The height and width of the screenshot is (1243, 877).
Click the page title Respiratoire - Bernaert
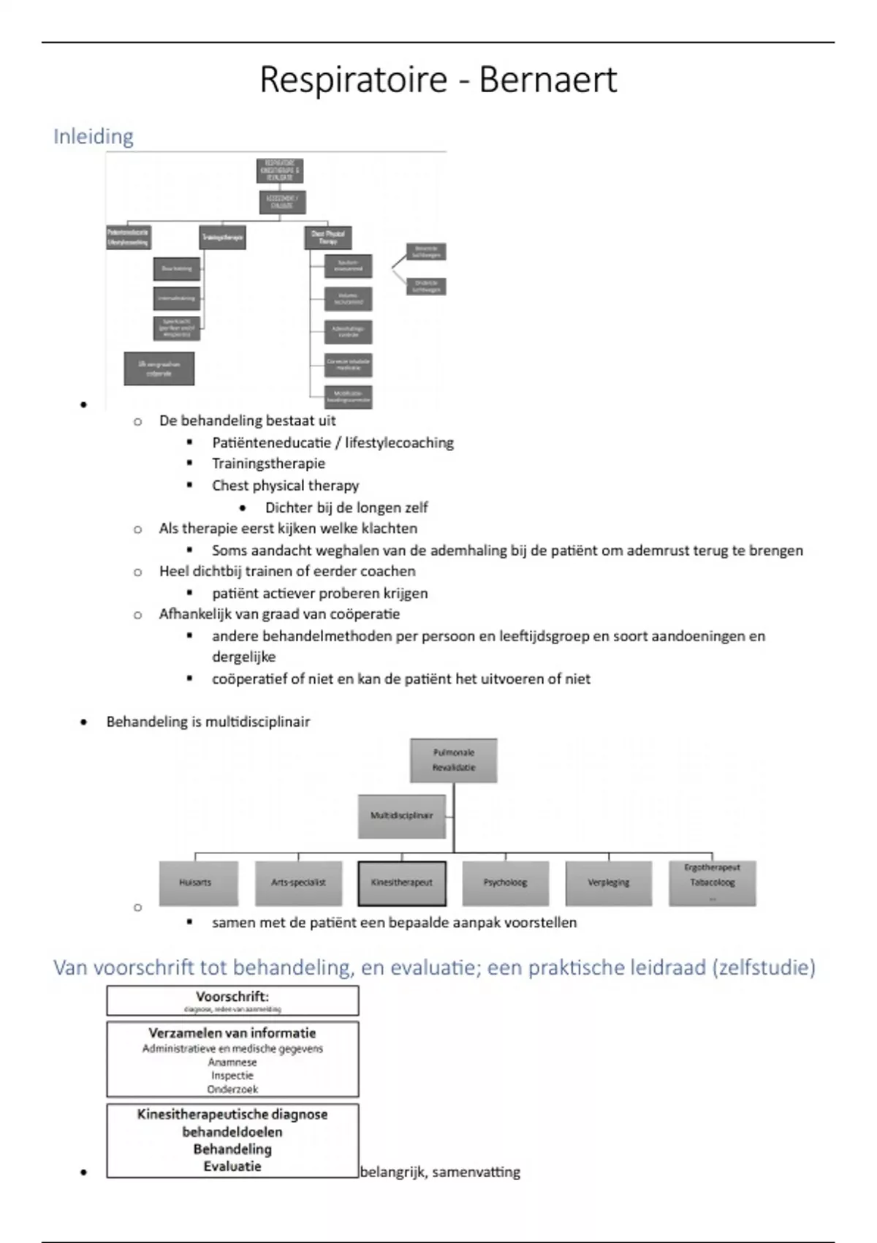[x=438, y=80]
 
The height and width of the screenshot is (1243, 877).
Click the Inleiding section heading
[x=94, y=137]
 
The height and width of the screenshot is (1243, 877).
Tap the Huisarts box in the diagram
[x=195, y=883]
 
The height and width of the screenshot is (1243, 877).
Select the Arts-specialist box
[x=298, y=883]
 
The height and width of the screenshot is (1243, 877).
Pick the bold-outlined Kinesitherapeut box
[x=402, y=883]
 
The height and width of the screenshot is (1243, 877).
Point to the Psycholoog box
[x=505, y=883]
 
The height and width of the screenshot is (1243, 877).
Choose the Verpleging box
[x=608, y=883]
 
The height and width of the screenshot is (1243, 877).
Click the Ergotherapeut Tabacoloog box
[x=712, y=882]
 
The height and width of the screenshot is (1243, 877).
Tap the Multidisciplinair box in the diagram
[x=401, y=816]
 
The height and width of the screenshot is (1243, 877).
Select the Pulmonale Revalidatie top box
[x=454, y=760]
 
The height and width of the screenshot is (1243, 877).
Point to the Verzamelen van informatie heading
[x=232, y=1033]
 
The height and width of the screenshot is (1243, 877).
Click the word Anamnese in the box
[x=232, y=1062]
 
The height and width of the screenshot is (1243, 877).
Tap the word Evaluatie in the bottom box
[x=232, y=1166]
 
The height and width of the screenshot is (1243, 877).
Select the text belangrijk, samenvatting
[x=440, y=1172]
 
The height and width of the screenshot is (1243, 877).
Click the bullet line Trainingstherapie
[x=268, y=464]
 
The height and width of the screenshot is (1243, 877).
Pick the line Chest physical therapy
[x=285, y=486]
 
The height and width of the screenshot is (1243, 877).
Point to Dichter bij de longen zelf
[x=346, y=507]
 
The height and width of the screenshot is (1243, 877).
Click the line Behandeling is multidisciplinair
[x=208, y=722]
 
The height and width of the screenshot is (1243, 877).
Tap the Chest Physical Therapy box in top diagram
[x=327, y=238]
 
